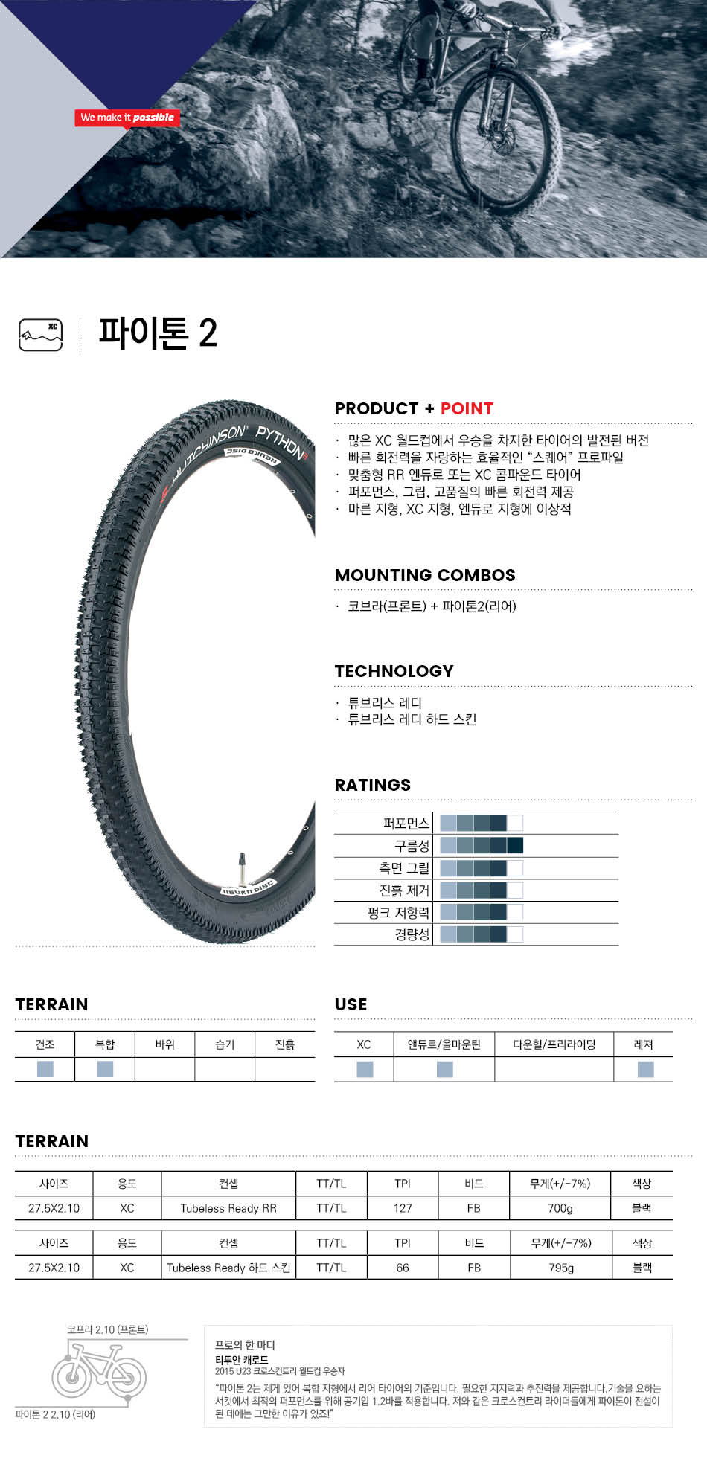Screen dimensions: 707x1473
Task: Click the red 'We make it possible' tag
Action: (x=127, y=118)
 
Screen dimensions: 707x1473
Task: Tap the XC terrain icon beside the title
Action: (x=40, y=335)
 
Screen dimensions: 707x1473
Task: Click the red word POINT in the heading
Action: (x=467, y=408)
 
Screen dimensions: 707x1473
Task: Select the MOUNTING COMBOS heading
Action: (x=425, y=575)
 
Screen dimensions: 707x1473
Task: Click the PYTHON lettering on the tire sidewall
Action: (x=281, y=442)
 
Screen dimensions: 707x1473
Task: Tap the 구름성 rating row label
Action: (x=412, y=846)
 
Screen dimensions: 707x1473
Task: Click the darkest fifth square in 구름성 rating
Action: (x=515, y=845)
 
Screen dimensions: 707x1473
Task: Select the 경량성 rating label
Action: (x=412, y=934)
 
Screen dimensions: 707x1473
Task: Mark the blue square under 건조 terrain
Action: (x=45, y=1069)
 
